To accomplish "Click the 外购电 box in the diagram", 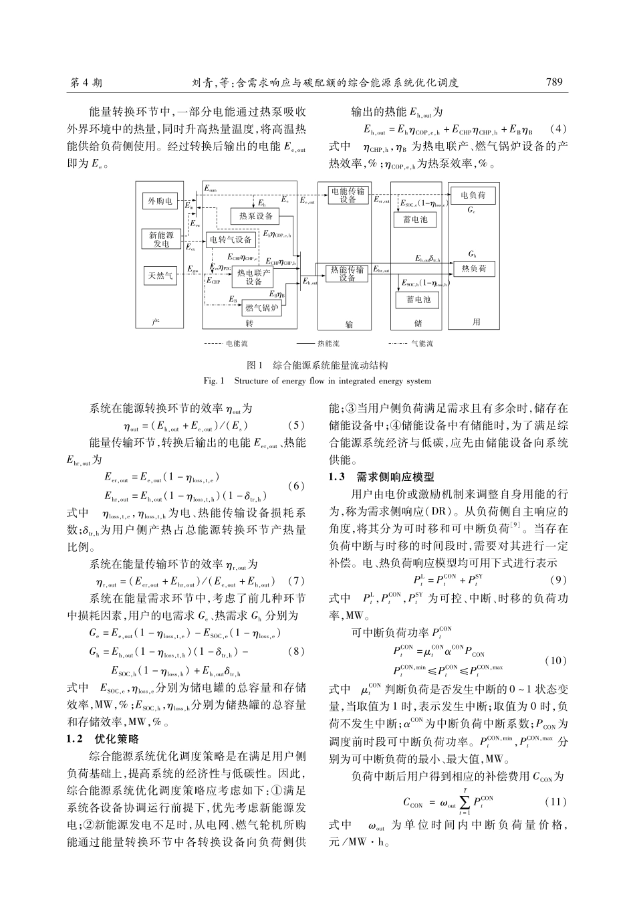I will (x=160, y=201).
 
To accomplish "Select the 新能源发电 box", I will (x=160, y=239).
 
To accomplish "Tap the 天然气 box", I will (x=160, y=274).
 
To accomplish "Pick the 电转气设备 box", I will (x=231, y=239).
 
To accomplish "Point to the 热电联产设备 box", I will (x=254, y=277).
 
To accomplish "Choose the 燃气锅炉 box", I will (x=262, y=308).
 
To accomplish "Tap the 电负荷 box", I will (x=473, y=195).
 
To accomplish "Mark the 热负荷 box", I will (x=473, y=268).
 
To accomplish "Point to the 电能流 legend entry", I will (x=226, y=344).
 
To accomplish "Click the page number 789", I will (x=555, y=82).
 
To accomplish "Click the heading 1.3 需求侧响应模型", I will (x=382, y=477).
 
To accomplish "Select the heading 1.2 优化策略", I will (x=103, y=739).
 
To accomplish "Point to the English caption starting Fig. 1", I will (x=317, y=381).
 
